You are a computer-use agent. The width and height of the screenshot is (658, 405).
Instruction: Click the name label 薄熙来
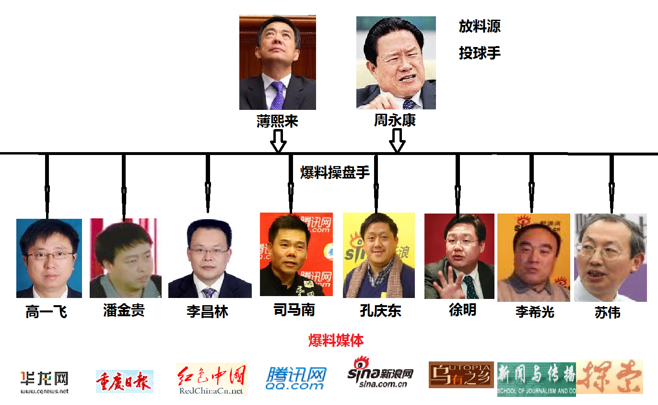coord(277,121)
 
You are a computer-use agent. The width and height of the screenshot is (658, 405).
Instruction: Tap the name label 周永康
coord(395,120)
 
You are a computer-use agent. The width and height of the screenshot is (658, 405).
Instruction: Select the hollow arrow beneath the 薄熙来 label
coord(278,140)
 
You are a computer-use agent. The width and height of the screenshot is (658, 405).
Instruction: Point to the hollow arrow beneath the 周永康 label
coord(397,140)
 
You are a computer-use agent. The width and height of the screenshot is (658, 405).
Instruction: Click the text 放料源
coord(480,26)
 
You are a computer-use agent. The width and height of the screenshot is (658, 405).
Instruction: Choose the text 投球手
coord(480,53)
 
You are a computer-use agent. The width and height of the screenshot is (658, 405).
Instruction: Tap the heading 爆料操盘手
coord(335,173)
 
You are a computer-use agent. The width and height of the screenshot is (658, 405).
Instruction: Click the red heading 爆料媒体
coord(336,341)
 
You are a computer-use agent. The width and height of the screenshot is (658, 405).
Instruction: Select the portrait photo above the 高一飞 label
coord(49,258)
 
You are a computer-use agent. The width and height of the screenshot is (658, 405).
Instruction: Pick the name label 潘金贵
coord(124,310)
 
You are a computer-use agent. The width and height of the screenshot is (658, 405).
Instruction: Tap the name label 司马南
coord(294,310)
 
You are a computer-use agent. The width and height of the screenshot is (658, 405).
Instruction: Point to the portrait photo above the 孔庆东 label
coord(379,255)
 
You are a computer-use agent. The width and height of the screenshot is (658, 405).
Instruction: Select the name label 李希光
coord(535,312)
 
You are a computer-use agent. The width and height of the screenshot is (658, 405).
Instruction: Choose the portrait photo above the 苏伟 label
coord(611,257)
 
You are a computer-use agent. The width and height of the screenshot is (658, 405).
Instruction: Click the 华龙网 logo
coord(44,382)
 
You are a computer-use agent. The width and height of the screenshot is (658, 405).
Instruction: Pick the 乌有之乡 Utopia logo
coord(461,375)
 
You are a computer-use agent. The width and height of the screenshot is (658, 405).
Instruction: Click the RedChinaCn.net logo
coord(211,379)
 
